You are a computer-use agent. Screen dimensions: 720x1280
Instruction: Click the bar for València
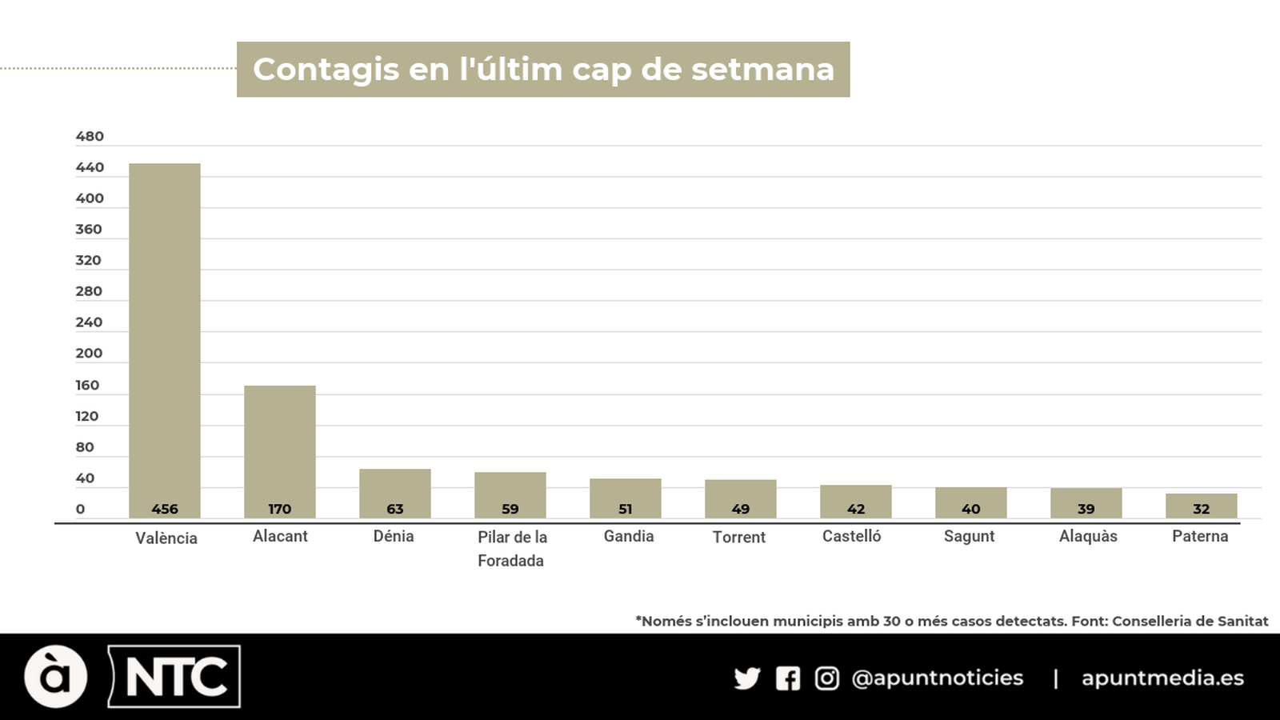tap(165, 340)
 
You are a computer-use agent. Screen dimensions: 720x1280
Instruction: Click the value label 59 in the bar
tap(510, 509)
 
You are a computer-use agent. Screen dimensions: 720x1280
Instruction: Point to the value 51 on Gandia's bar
tap(626, 509)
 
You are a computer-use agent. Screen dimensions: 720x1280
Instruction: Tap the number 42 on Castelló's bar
tap(856, 509)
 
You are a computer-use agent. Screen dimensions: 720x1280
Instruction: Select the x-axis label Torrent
tap(739, 537)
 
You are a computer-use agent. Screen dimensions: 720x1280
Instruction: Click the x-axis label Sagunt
tap(969, 536)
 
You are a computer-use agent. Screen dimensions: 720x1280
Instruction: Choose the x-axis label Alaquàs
tap(1088, 536)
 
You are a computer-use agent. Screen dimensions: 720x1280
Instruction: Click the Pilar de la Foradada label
tap(512, 548)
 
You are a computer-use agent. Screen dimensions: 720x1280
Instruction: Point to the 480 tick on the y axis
tap(90, 136)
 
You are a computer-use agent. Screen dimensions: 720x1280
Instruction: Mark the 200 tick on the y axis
tap(89, 353)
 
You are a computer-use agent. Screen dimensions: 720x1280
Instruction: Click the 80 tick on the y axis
tap(85, 447)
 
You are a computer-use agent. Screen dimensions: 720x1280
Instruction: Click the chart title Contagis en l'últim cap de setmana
tap(543, 70)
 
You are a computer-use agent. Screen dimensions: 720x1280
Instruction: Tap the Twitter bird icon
tap(747, 678)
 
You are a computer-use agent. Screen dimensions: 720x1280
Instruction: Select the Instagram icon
tap(827, 678)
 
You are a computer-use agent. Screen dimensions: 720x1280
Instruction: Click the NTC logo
tap(175, 677)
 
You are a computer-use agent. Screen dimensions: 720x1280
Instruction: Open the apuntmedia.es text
tap(1162, 678)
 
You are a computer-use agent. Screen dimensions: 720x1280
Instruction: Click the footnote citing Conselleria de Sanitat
tap(951, 621)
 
